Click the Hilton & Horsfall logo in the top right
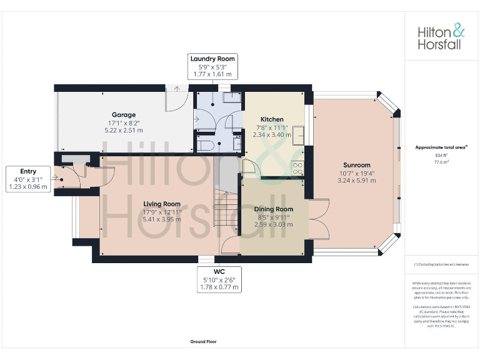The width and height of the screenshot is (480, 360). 441,37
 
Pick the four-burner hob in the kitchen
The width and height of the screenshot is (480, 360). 297,167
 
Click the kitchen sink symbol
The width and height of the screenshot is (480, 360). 299,133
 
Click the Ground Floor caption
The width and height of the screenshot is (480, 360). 204,342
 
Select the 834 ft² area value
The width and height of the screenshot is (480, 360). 441,155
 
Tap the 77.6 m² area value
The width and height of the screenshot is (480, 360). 441,161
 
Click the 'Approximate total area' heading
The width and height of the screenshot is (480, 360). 441,147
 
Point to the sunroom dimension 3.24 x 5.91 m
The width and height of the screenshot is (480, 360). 356,181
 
